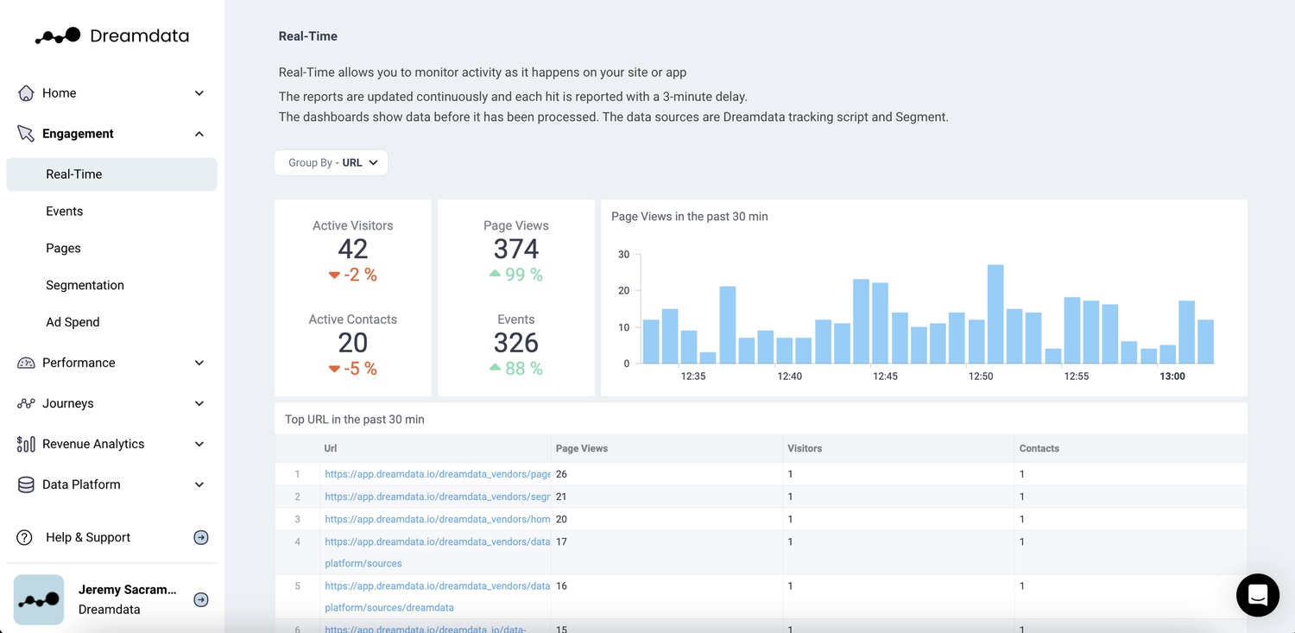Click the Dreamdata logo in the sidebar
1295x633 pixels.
[111, 35]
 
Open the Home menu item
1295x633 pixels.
[59, 93]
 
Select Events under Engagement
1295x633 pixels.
[65, 212]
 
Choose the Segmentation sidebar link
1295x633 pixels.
[85, 285]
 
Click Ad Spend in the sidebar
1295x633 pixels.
[73, 322]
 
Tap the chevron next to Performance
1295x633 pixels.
[199, 363]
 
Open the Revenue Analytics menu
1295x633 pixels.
[93, 444]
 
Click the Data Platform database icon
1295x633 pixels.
[26, 484]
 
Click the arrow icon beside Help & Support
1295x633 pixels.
[201, 537]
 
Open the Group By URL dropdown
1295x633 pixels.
[332, 162]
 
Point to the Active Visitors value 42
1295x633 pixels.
[352, 249]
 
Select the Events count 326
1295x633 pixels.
[516, 343]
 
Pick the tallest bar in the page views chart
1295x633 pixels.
[995, 314]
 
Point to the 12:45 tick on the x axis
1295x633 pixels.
[885, 377]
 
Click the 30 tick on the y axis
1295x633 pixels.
[623, 255]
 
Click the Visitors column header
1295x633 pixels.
[805, 449]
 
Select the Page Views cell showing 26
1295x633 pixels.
[562, 474]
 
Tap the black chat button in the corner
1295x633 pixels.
[1257, 595]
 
